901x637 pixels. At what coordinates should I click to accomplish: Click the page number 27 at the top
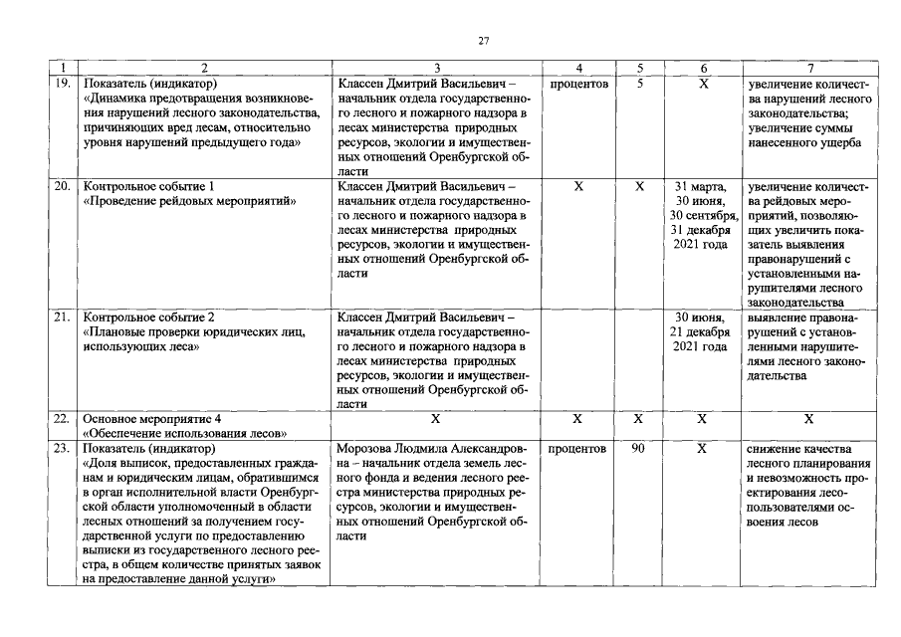(484, 41)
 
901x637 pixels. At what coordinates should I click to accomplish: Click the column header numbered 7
(809, 69)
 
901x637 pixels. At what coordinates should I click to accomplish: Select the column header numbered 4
(579, 69)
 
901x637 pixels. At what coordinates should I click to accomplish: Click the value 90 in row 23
(639, 449)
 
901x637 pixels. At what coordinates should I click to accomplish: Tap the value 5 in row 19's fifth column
(640, 85)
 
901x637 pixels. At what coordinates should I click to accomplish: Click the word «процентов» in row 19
(579, 85)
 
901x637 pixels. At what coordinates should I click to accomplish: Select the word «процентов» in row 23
(579, 449)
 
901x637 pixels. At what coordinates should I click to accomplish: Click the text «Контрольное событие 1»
(149, 186)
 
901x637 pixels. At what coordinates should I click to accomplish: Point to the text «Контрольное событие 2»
(149, 318)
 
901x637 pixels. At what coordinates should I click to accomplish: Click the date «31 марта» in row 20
(702, 186)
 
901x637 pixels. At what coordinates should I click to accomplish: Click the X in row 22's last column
(809, 419)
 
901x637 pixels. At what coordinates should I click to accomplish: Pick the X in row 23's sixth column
(703, 449)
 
